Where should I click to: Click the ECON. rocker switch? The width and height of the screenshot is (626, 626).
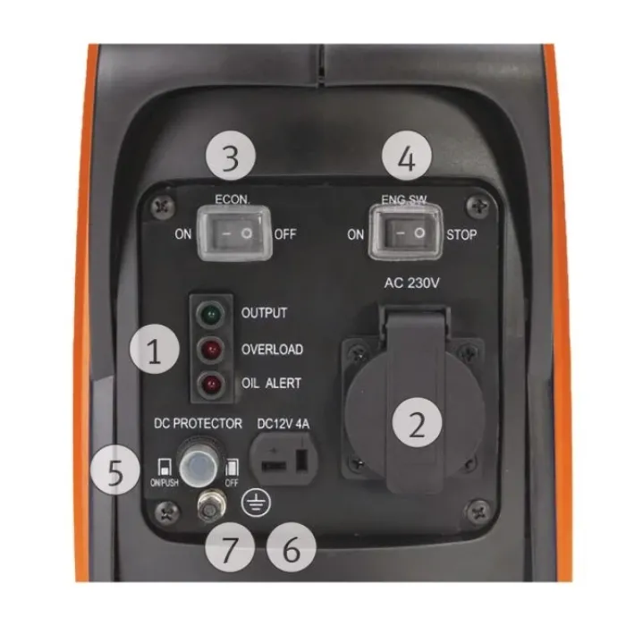[x=234, y=233]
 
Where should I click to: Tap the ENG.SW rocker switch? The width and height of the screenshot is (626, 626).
[x=406, y=233]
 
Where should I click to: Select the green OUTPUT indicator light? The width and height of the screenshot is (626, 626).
[x=211, y=314]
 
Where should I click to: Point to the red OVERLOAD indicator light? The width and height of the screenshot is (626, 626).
[x=211, y=350]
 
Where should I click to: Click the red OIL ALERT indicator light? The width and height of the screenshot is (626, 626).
[x=211, y=384]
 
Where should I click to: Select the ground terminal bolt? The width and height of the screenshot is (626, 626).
[x=211, y=504]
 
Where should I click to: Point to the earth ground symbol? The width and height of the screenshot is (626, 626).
[x=256, y=503]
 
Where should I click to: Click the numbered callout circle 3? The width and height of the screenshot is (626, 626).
[x=231, y=156]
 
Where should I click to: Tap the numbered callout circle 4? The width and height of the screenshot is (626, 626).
[x=407, y=156]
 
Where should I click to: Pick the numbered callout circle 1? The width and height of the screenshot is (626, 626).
[x=155, y=350]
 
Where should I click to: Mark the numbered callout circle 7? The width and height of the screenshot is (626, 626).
[x=230, y=547]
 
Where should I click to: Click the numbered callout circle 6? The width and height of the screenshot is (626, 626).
[x=292, y=547]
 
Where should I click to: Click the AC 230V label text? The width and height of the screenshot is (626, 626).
[x=411, y=283]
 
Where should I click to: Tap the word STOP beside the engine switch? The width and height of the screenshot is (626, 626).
[x=461, y=234]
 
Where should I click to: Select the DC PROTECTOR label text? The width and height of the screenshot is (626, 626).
[x=198, y=423]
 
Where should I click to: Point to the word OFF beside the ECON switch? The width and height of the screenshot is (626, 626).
[x=285, y=234]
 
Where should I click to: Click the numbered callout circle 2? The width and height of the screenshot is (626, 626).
[x=418, y=422]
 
